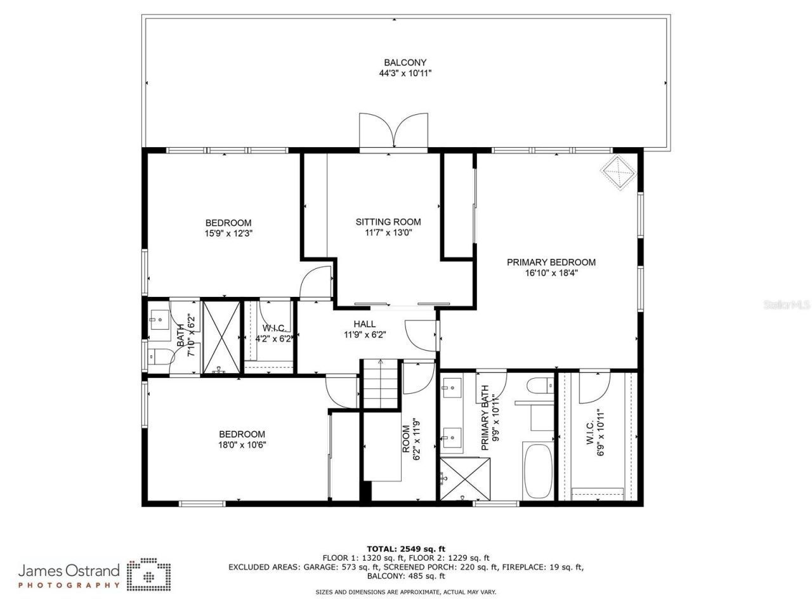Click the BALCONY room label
[405, 62]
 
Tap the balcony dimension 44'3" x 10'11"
[405, 73]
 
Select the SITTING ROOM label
[388, 222]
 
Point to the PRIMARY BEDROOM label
[551, 262]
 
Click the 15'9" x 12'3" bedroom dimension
[228, 233]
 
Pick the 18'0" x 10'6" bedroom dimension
[242, 445]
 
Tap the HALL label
[364, 324]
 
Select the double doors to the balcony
[393, 131]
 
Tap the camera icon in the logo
[149, 575]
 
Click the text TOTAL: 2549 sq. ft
[406, 549]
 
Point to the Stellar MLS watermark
[787, 305]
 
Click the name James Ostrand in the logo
[69, 570]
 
